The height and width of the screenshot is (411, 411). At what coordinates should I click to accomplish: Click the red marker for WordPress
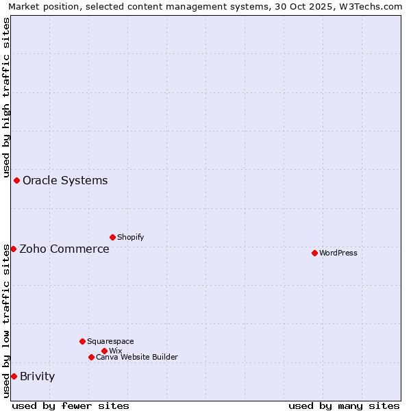pyautogui.click(x=314, y=253)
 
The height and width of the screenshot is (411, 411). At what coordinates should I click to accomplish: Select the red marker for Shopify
pyautogui.click(x=112, y=237)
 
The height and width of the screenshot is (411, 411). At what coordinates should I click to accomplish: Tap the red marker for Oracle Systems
pyautogui.click(x=16, y=180)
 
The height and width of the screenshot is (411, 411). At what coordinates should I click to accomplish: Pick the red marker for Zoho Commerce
pyautogui.click(x=13, y=249)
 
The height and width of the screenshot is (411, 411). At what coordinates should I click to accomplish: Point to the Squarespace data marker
pyautogui.click(x=82, y=341)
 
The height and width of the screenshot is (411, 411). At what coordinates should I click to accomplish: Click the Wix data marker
pyautogui.click(x=104, y=351)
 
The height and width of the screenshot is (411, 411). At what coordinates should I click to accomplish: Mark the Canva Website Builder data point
pyautogui.click(x=91, y=357)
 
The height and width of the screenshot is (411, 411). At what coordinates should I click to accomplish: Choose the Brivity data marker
pyautogui.click(x=14, y=376)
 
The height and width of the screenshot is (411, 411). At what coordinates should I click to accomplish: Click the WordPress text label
pyautogui.click(x=338, y=253)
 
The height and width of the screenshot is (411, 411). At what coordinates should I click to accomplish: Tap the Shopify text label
pyautogui.click(x=130, y=237)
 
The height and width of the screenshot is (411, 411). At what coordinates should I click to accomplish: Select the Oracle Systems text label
pyautogui.click(x=65, y=180)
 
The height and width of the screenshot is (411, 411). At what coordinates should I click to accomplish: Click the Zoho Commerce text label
pyautogui.click(x=64, y=249)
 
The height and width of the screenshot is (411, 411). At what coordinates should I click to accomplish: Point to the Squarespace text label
pyautogui.click(x=110, y=341)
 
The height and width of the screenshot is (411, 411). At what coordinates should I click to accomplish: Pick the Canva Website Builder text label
pyautogui.click(x=136, y=357)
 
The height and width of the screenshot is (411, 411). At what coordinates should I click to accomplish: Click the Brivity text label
pyautogui.click(x=37, y=376)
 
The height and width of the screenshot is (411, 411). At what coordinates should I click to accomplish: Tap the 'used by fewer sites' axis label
pyautogui.click(x=71, y=406)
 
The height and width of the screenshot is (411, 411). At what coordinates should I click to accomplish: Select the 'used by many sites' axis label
pyautogui.click(x=344, y=406)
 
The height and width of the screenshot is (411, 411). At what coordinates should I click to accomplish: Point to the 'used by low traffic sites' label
pyautogui.click(x=6, y=321)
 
